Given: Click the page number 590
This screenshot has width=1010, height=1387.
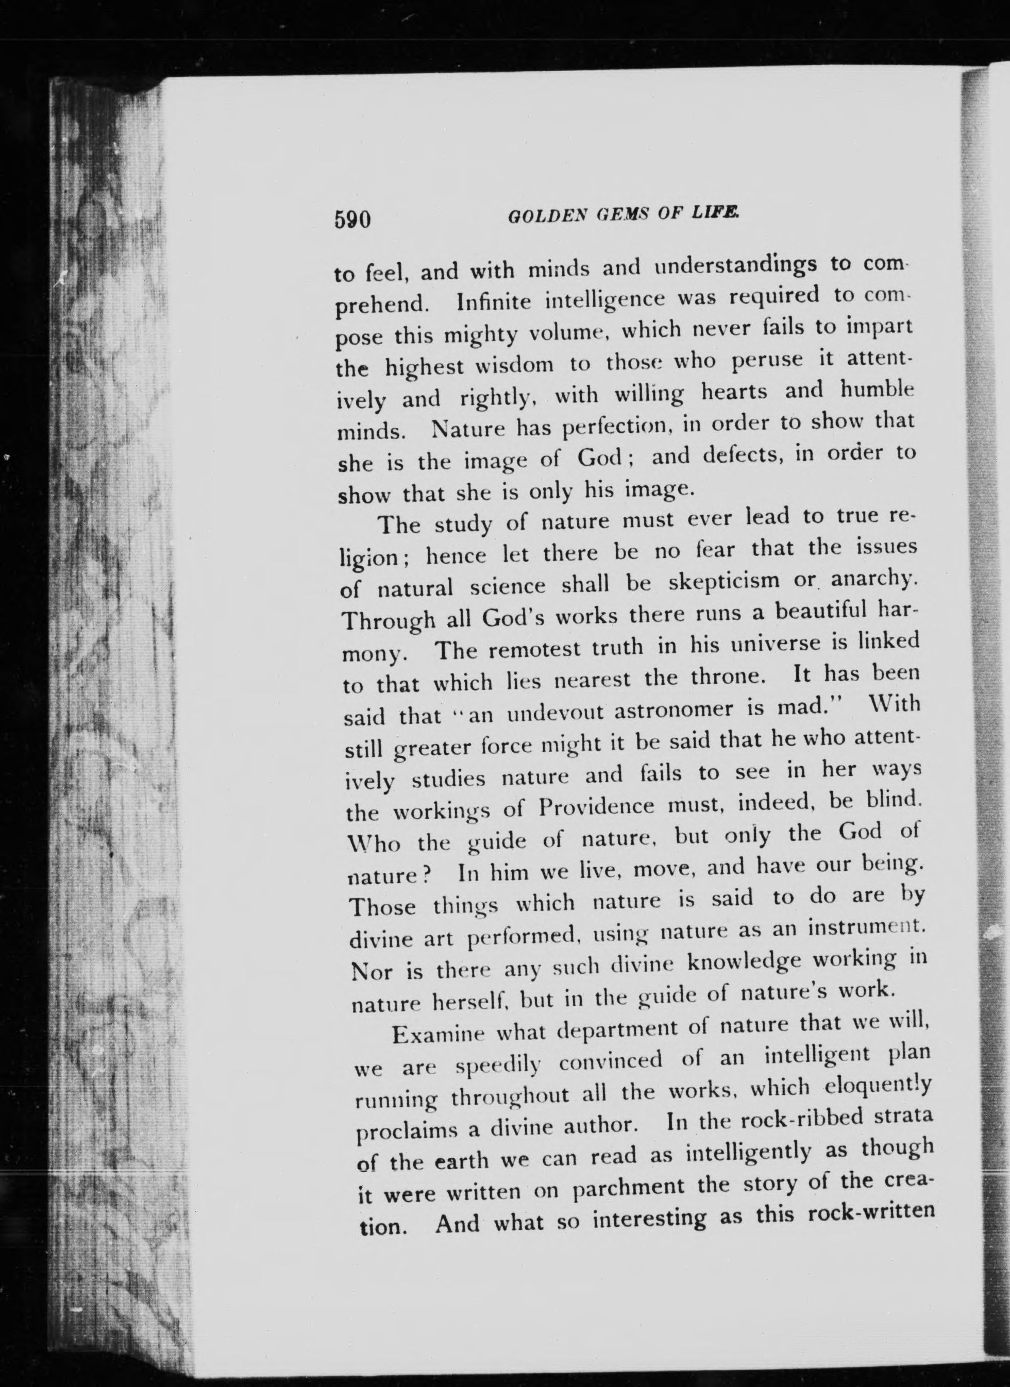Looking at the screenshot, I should (353, 219).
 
